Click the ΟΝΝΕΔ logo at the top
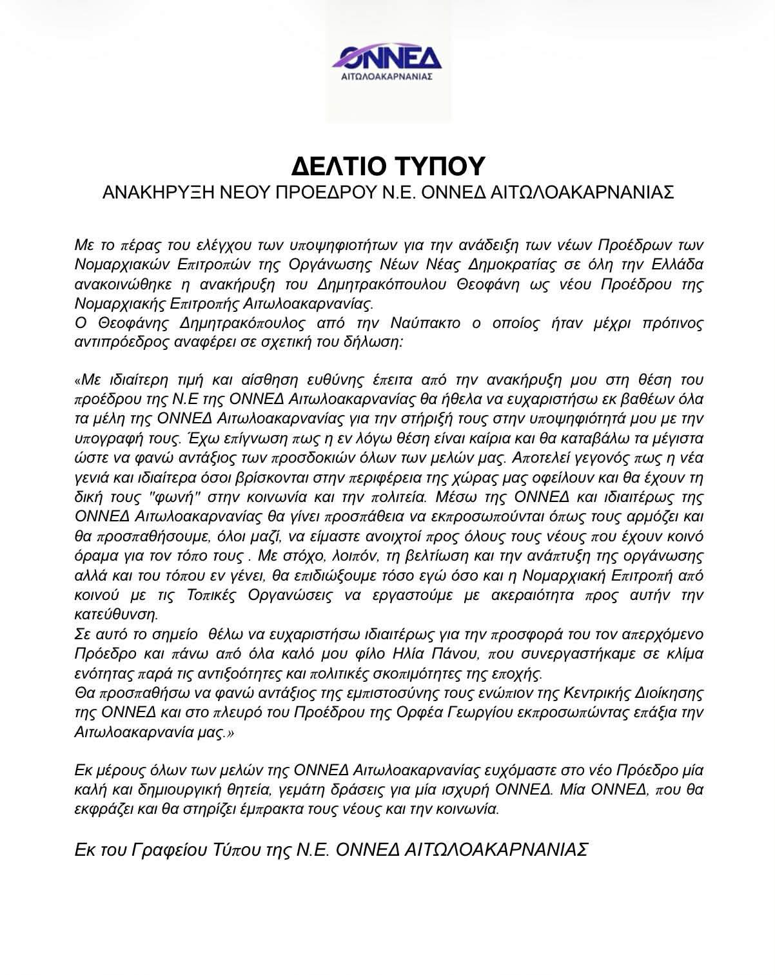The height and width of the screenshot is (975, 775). (x=387, y=63)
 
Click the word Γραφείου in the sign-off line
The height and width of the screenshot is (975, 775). (x=167, y=849)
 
